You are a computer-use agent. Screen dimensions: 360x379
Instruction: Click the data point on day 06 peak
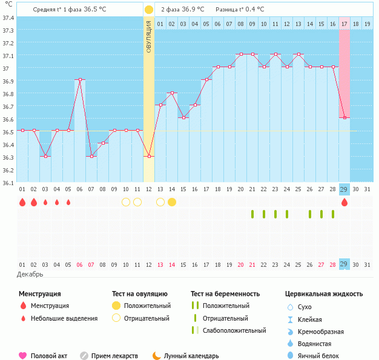pos(79,80)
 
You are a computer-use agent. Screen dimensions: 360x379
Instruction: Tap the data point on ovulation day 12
pos(149,156)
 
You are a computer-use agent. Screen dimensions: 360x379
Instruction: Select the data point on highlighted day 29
pos(344,118)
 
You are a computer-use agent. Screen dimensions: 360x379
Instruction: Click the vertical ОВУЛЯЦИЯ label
pos(149,36)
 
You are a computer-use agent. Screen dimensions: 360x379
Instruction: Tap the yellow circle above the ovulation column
pos(149,10)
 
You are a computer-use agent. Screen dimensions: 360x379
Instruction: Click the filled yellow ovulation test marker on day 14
pos(172,202)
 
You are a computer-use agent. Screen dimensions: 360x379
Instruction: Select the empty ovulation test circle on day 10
pos(126,202)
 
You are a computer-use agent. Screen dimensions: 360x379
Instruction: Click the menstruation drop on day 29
pos(344,202)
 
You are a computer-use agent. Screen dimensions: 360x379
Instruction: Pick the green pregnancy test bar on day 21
pos(252,214)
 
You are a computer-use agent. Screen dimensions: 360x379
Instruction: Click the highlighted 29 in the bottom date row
pos(344,264)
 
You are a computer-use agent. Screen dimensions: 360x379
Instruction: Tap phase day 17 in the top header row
pos(344,24)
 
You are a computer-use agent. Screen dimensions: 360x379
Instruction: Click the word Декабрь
pos(30,275)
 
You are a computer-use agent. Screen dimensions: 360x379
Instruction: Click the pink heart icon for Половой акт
pos(23,356)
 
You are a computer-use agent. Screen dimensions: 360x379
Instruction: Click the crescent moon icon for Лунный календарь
pos(157,356)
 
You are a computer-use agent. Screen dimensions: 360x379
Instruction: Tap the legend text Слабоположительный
pos(234,330)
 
